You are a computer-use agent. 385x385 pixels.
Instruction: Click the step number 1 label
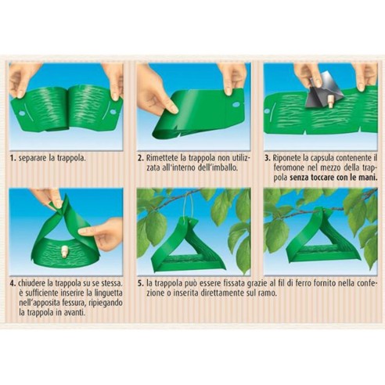(x=13, y=158)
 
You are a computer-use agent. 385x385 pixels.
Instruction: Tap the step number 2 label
(x=141, y=158)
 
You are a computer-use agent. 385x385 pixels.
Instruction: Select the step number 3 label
(x=268, y=158)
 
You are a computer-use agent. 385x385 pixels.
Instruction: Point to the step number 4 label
(x=13, y=283)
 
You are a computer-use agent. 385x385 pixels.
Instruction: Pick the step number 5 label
(x=141, y=283)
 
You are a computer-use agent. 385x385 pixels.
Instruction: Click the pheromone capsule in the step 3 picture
(x=330, y=102)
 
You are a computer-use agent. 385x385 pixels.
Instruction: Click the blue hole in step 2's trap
(x=236, y=105)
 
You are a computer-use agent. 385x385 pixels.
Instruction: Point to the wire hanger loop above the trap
(x=190, y=207)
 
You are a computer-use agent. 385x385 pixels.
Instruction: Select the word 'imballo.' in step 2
(x=225, y=167)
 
